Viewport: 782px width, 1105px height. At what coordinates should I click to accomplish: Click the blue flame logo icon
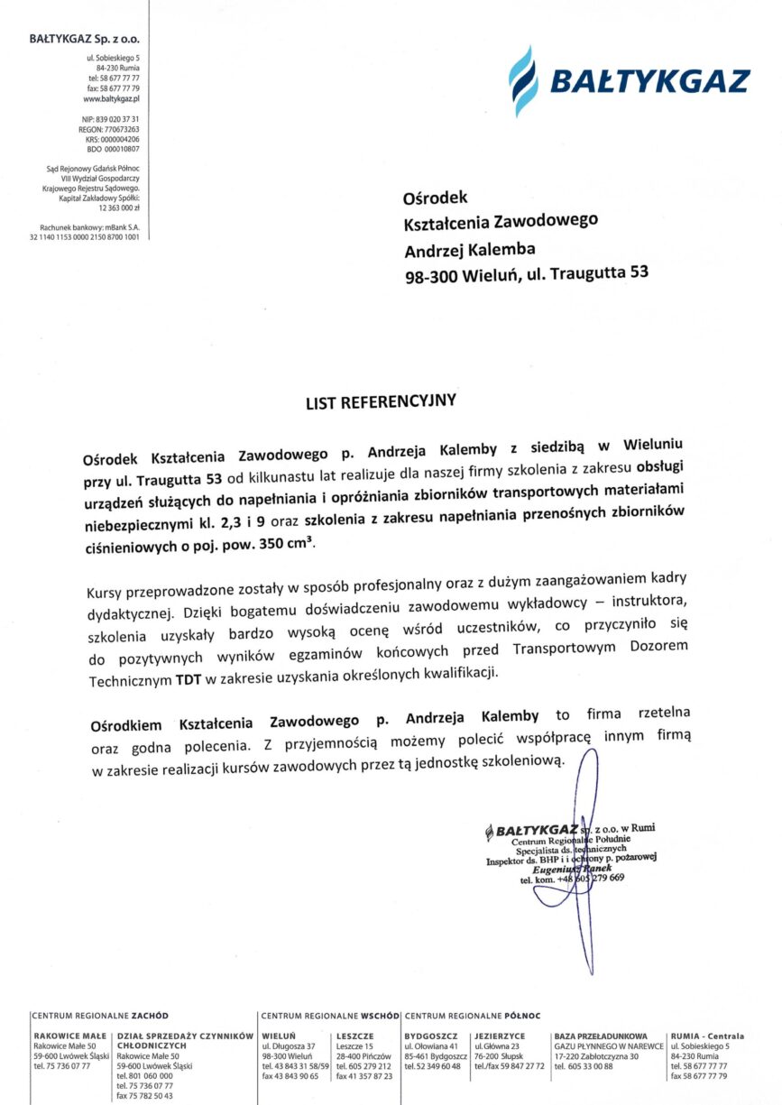pyautogui.click(x=523, y=80)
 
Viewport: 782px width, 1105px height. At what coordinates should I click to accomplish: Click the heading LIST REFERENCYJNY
pyautogui.click(x=382, y=400)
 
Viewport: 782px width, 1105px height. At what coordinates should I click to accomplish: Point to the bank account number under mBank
pyautogui.click(x=85, y=236)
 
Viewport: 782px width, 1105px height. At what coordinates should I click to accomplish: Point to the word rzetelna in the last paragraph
pyautogui.click(x=665, y=713)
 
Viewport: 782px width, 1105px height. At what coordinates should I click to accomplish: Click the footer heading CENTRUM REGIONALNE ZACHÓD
pyautogui.click(x=100, y=1015)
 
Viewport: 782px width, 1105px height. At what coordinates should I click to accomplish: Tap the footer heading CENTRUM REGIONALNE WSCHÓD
pyautogui.click(x=331, y=1015)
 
